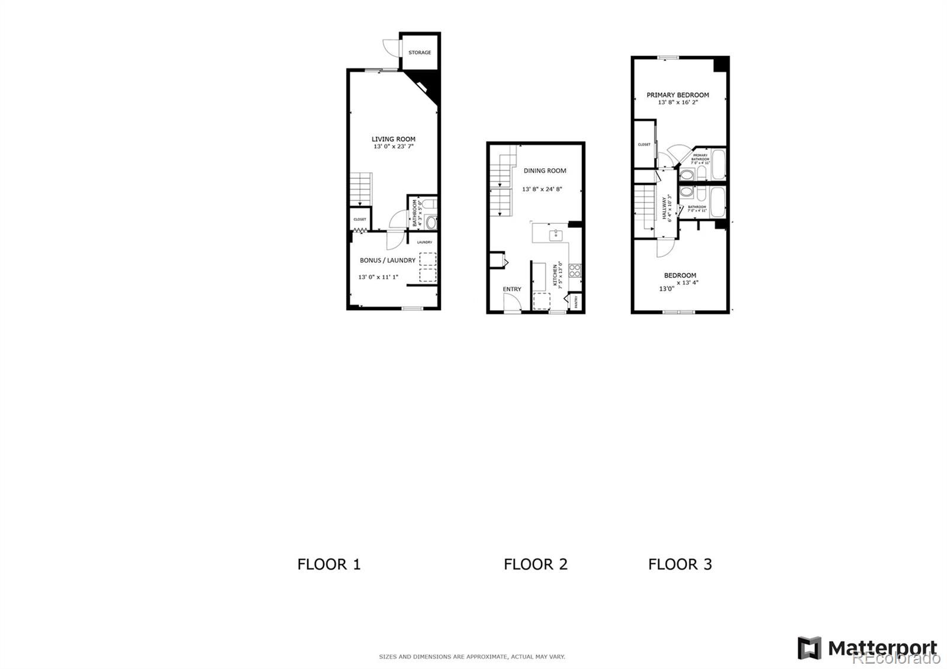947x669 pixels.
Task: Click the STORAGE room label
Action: point(420,53)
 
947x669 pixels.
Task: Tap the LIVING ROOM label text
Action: point(394,139)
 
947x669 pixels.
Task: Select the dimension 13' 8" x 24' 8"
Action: point(542,189)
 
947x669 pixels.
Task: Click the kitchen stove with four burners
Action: point(575,271)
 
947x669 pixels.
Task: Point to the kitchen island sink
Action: point(556,235)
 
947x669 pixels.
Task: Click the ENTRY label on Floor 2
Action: point(512,289)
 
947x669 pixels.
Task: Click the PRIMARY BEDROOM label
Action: point(678,95)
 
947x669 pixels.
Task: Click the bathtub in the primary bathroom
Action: point(718,165)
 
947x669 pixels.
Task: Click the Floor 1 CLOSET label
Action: point(360,220)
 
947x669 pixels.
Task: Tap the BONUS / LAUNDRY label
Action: point(388,260)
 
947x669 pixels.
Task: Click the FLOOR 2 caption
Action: point(536,564)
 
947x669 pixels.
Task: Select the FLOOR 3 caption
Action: point(680,564)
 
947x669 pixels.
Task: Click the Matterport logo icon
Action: point(809,648)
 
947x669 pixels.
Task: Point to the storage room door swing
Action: point(390,47)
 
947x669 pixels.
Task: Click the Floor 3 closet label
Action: point(644,144)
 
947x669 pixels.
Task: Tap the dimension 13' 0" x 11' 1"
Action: point(378,277)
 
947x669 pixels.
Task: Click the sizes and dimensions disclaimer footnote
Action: point(472,657)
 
